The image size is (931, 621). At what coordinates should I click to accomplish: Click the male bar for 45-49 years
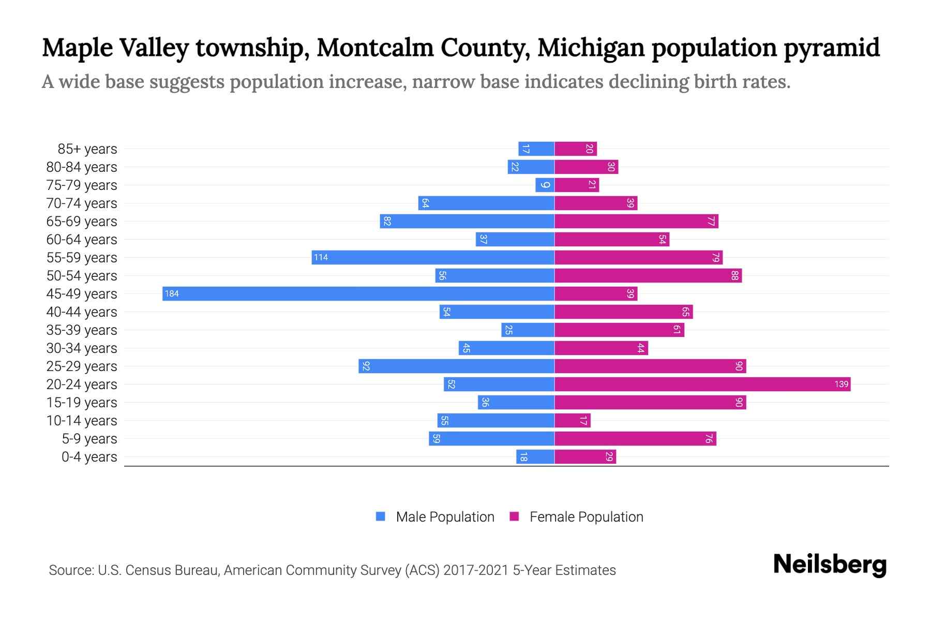358,293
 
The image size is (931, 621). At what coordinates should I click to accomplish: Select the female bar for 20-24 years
702,384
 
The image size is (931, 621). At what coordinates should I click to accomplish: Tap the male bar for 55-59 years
433,257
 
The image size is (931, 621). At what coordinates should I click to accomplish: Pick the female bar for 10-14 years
573,420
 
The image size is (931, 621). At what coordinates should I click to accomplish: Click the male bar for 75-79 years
545,185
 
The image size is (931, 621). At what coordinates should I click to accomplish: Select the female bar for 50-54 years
648,275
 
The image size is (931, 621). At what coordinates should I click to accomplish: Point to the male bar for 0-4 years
535,456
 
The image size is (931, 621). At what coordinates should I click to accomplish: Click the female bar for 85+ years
576,149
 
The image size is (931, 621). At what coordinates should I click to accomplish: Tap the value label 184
172,294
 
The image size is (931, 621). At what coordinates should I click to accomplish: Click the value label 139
841,384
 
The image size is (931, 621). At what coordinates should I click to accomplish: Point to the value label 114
321,258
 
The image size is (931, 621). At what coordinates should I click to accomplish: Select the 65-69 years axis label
82,221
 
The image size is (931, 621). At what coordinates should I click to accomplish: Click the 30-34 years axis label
82,348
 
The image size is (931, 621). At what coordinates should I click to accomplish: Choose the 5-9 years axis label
89,439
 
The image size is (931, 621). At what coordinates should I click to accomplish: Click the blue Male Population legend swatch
381,516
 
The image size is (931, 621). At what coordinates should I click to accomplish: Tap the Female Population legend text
586,516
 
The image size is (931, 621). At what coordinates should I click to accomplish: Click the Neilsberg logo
830,565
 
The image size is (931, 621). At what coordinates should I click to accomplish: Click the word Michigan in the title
591,48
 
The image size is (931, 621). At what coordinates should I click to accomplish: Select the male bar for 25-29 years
456,366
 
